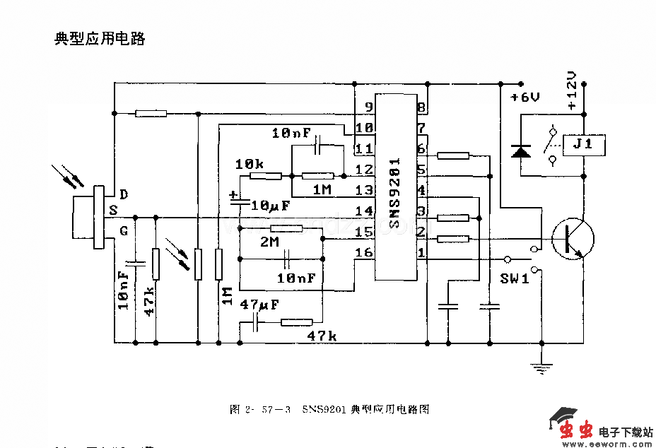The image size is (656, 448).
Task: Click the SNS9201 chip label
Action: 394,192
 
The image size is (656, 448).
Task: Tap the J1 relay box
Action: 582,145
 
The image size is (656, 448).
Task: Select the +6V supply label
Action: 525,98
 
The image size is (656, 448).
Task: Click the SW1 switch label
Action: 515,278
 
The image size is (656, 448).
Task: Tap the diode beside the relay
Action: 522,151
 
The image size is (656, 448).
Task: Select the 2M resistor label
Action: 270,242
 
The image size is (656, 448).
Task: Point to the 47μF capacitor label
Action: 259,305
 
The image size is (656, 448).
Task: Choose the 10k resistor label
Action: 249,164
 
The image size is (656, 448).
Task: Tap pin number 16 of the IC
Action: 363,252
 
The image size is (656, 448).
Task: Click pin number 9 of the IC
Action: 368,107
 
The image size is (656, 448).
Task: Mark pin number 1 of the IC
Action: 421,252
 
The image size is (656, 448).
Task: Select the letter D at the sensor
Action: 124,194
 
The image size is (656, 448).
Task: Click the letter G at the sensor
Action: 124,230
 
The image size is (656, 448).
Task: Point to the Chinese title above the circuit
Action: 100,39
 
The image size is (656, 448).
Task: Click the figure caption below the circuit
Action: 329,409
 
